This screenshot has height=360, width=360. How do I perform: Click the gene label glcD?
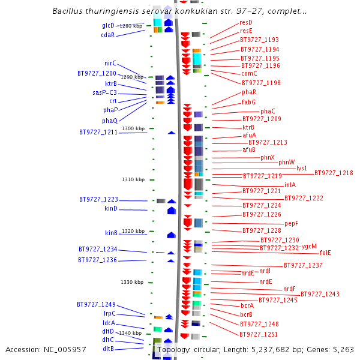[x=108, y=25]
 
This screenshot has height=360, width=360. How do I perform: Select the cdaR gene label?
[x=108, y=35]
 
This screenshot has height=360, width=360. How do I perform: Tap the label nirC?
[x=110, y=63]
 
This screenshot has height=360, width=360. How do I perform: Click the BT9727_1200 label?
[x=97, y=73]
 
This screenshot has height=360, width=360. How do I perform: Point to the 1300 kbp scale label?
[x=133, y=128]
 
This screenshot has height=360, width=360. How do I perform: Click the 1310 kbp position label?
[x=133, y=179]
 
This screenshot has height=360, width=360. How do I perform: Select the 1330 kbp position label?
[x=132, y=282]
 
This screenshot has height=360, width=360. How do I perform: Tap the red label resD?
[x=246, y=22]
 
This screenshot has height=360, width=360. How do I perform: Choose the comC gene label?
[x=248, y=73]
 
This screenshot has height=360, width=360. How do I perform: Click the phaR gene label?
[x=249, y=92]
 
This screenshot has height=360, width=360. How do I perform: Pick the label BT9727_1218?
[x=334, y=173]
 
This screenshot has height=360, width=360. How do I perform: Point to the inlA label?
[x=290, y=185]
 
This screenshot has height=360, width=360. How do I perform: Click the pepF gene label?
[x=291, y=223]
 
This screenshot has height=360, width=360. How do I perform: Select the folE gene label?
[x=325, y=253]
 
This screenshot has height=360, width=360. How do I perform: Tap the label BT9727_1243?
[x=320, y=294]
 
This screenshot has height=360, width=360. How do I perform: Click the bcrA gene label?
[x=247, y=305]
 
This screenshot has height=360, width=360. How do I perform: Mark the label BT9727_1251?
[x=259, y=334]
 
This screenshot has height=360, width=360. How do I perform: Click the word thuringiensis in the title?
[x=106, y=11]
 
